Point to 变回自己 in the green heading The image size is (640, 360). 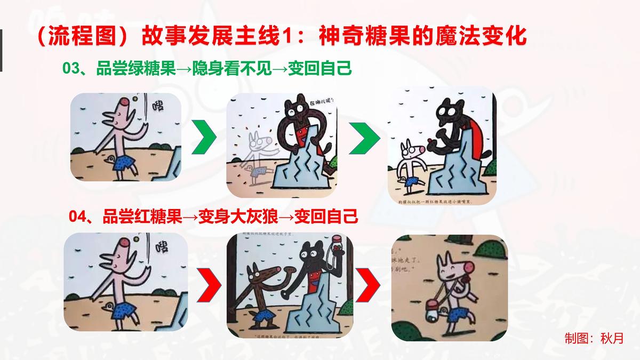coord(320,69)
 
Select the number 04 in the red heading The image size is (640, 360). coord(78,217)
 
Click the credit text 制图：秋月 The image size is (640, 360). coord(594,338)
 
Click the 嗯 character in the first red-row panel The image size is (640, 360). coord(159,247)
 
